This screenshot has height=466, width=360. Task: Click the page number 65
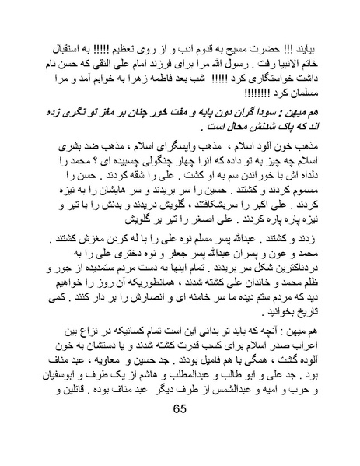tap(180, 429)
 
